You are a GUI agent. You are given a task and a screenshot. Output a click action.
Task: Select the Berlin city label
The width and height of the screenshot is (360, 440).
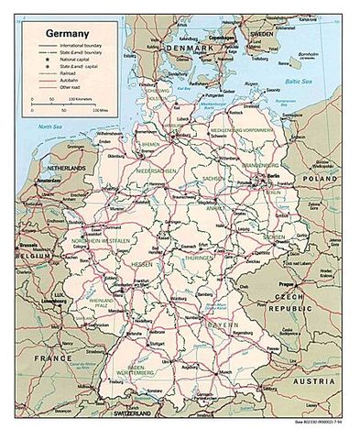point(271,175)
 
